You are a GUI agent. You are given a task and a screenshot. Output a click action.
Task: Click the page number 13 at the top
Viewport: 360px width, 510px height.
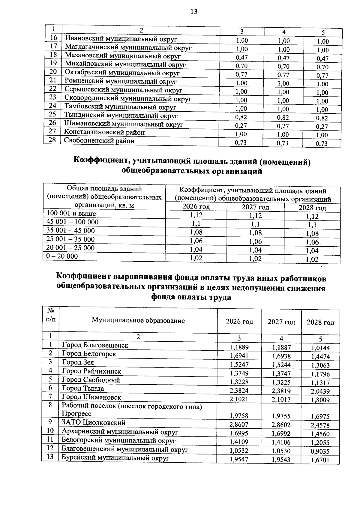click(194, 12)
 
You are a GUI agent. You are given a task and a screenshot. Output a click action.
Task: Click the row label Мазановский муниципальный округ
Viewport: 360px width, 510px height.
click(123, 55)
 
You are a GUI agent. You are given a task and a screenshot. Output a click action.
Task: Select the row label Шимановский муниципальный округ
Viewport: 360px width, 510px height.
click(123, 124)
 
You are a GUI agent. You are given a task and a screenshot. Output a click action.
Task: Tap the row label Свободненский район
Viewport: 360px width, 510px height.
click(99, 140)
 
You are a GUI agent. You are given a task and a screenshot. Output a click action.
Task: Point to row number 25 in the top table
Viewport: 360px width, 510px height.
click(52, 114)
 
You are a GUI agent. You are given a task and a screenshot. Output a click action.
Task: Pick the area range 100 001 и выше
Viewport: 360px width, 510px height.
click(71, 214)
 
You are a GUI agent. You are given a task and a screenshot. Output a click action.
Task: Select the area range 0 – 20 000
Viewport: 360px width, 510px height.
click(62, 256)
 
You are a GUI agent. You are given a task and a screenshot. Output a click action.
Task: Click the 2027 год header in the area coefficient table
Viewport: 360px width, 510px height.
click(255, 207)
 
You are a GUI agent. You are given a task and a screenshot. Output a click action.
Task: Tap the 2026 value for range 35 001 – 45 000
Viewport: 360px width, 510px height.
click(196, 232)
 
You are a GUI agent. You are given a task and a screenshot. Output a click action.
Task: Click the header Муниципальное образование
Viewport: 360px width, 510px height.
click(138, 320)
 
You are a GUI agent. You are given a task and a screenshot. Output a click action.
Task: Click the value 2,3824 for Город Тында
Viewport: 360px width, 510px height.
click(239, 390)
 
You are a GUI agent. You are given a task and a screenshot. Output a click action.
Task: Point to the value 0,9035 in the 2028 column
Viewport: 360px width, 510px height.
click(320, 451)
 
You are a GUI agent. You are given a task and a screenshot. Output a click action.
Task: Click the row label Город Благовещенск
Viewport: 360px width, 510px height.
click(95, 345)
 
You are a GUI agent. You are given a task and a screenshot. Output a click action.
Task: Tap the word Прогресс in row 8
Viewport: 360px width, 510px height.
click(76, 414)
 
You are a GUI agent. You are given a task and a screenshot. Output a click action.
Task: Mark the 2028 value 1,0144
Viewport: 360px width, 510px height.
click(320, 348)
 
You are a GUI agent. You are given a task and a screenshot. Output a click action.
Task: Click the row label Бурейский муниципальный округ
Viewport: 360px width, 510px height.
click(115, 458)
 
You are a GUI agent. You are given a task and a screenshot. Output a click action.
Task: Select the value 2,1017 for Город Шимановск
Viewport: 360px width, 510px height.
click(281, 399)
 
